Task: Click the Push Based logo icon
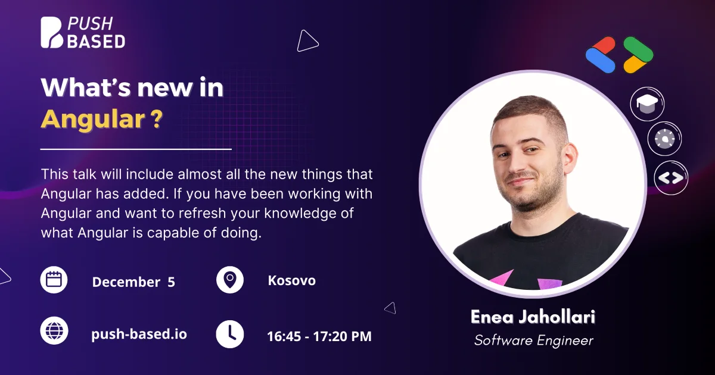pyautogui.click(x=52, y=33)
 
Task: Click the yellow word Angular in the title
pyautogui.click(x=93, y=119)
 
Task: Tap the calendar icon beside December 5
pyautogui.click(x=54, y=280)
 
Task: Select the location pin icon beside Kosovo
pyautogui.click(x=230, y=280)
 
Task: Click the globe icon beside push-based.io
pyautogui.click(x=54, y=331)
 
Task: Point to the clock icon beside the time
pyautogui.click(x=230, y=334)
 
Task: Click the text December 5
pyautogui.click(x=133, y=282)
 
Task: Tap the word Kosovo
pyautogui.click(x=292, y=280)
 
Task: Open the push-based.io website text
pyautogui.click(x=139, y=334)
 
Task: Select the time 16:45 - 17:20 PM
pyautogui.click(x=319, y=336)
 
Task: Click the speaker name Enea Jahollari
pyautogui.click(x=533, y=317)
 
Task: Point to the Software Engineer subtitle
pyautogui.click(x=534, y=340)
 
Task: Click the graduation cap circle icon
pyautogui.click(x=647, y=104)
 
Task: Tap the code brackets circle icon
pyautogui.click(x=671, y=177)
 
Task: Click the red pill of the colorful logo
pyautogui.click(x=602, y=46)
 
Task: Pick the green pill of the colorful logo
pyautogui.click(x=638, y=49)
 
